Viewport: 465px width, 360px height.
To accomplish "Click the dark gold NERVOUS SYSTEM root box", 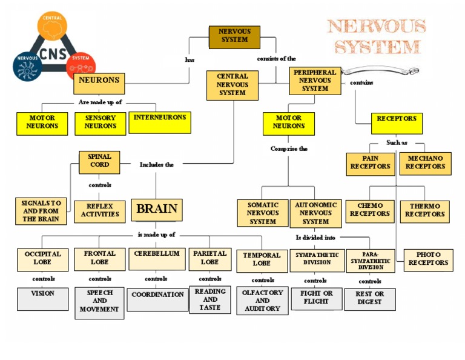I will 234,37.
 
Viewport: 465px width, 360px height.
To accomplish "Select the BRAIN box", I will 157,210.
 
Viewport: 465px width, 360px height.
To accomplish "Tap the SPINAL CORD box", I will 99,162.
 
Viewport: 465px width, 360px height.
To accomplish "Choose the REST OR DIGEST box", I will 369,299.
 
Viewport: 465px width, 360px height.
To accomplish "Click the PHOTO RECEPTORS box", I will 428,259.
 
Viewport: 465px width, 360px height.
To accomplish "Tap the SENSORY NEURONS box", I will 100,122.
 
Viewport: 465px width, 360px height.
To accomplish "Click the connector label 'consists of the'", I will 276,59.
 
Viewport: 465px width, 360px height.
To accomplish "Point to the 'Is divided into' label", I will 315,238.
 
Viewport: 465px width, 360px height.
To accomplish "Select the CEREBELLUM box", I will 157,259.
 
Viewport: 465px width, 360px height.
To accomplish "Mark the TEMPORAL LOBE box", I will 262,260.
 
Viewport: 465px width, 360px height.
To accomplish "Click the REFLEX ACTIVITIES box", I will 100,211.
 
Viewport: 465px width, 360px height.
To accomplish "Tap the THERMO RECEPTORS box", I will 424,211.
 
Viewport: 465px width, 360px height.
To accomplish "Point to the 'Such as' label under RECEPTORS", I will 397,143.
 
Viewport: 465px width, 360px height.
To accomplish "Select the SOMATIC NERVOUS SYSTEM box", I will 263,213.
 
